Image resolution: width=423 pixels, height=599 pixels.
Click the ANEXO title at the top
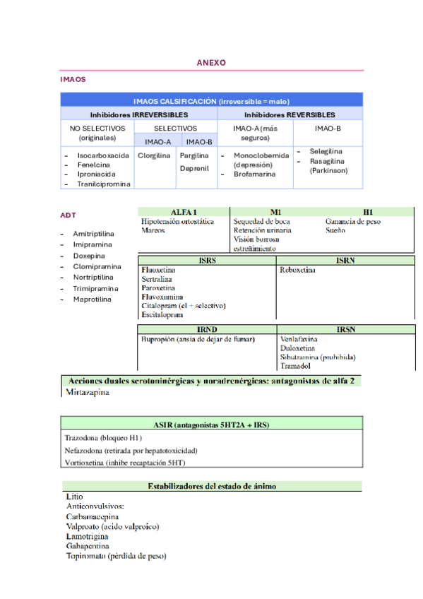click(x=211, y=63)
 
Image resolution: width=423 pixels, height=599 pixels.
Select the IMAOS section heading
click(x=73, y=80)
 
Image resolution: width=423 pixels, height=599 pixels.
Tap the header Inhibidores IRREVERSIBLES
click(x=138, y=114)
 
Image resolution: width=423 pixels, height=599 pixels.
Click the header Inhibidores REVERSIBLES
click(x=290, y=114)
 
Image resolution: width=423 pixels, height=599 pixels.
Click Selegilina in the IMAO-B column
click(x=326, y=152)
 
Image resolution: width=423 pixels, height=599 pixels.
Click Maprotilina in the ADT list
click(x=92, y=299)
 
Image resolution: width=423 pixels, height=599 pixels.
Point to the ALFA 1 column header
click(x=184, y=211)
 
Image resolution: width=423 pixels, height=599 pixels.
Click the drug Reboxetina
click(x=297, y=270)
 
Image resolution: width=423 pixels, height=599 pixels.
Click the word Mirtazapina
click(x=88, y=392)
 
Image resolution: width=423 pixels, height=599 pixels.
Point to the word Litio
click(x=74, y=497)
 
